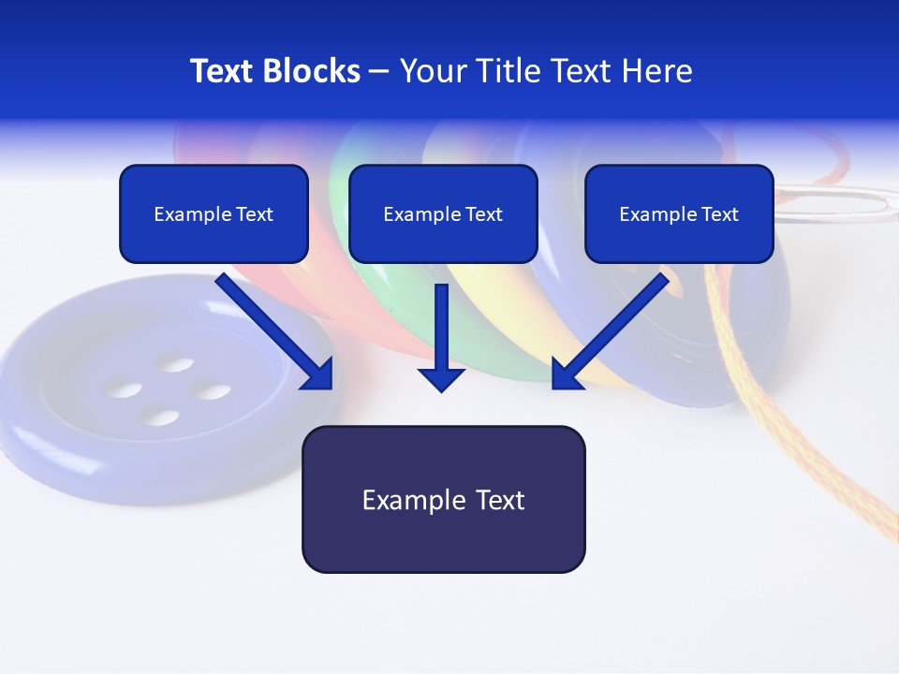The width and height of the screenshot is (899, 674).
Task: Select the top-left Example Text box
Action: point(214,214)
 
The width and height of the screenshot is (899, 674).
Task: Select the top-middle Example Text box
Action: point(443,214)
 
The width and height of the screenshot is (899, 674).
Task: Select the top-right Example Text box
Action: point(679,214)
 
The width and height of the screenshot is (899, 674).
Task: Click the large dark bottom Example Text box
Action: point(443,500)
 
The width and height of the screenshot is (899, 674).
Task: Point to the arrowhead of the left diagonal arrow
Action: point(318,374)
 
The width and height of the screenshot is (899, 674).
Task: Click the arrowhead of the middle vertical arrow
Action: point(442,379)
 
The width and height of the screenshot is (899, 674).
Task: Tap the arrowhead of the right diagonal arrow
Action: point(566,374)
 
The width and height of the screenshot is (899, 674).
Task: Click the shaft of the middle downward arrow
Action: point(442,323)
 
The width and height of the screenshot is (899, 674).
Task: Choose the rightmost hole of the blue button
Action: point(213,391)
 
